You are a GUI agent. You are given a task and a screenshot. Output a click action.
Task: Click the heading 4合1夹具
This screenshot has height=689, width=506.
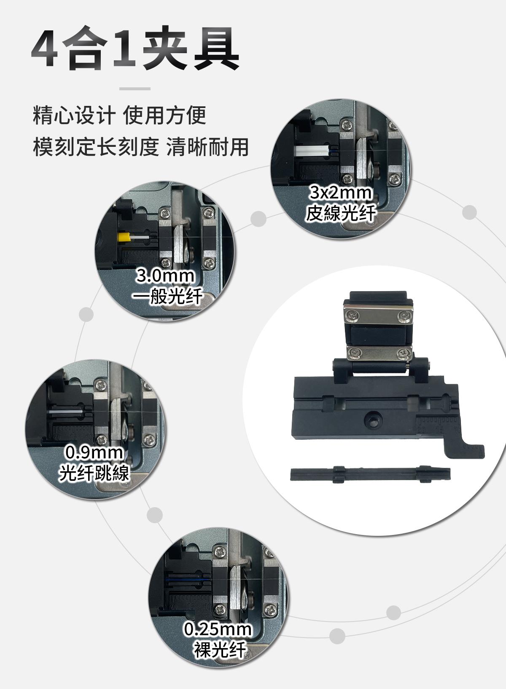pyautogui.click(x=135, y=48)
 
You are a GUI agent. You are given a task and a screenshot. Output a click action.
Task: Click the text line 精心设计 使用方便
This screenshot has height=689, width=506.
pyautogui.click(x=119, y=115)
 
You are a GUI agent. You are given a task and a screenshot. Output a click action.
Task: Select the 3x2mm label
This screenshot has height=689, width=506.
pyautogui.click(x=340, y=193)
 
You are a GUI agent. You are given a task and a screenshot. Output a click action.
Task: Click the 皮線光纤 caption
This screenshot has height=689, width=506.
pyautogui.click(x=341, y=213)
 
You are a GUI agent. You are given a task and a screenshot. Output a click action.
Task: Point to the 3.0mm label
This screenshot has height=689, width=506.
pyautogui.click(x=165, y=276)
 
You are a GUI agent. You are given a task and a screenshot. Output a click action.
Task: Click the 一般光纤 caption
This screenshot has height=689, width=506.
pyautogui.click(x=167, y=296)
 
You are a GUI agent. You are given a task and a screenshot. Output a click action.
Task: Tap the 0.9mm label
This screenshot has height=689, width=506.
pyautogui.click(x=94, y=452)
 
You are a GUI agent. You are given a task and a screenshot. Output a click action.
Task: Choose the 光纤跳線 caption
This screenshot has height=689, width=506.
pyautogui.click(x=94, y=473)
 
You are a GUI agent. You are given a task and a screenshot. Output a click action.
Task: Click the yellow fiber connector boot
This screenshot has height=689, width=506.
pyautogui.click(x=124, y=237)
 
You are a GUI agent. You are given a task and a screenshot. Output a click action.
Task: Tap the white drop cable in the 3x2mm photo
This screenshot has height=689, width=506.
pyautogui.click(x=312, y=151)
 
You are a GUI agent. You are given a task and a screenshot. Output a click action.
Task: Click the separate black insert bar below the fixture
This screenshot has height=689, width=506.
pyautogui.click(x=370, y=474)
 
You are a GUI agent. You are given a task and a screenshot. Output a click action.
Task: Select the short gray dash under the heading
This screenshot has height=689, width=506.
pyautogui.click(x=135, y=89)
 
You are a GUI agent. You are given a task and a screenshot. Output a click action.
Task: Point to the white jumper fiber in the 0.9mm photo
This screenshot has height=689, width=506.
pyautogui.click(x=66, y=411)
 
